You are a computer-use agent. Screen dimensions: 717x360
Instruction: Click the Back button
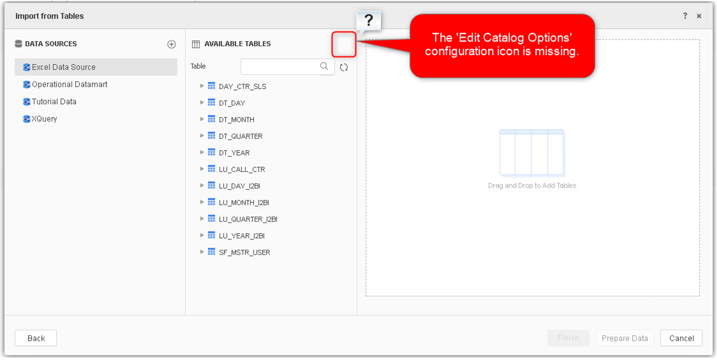[36, 338]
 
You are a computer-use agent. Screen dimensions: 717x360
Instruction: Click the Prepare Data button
[625, 338]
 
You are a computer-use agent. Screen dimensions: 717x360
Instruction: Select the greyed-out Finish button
[568, 338]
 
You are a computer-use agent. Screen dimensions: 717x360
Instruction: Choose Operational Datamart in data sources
[69, 84]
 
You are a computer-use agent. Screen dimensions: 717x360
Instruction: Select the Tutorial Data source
[54, 102]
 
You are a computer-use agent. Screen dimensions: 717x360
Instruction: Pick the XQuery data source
[44, 119]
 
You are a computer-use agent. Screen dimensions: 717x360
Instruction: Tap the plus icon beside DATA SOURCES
[172, 44]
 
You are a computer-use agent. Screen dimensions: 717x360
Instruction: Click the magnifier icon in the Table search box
[324, 66]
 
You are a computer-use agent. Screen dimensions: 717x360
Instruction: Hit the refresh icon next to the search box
[344, 67]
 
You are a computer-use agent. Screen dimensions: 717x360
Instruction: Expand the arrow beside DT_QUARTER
[202, 136]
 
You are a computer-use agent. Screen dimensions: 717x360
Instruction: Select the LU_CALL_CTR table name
[242, 169]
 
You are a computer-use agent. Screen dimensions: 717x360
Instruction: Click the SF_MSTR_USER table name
[245, 252]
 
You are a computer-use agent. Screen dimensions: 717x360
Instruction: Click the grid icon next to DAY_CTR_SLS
[211, 86]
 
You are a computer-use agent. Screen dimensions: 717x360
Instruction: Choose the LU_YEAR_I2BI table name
[241, 236]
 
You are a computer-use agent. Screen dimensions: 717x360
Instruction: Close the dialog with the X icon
[699, 16]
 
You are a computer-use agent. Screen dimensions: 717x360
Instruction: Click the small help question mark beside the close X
[685, 16]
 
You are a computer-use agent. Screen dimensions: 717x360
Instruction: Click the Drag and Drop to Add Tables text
[532, 186]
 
